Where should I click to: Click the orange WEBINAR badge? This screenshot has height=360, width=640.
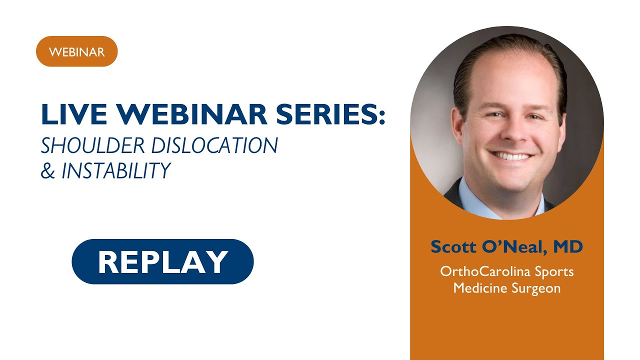pyautogui.click(x=76, y=51)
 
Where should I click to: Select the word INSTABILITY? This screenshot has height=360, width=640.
pyautogui.click(x=116, y=171)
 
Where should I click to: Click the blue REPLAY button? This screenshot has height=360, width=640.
pyautogui.click(x=162, y=261)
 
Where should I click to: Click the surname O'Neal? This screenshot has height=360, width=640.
pyautogui.click(x=516, y=247)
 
